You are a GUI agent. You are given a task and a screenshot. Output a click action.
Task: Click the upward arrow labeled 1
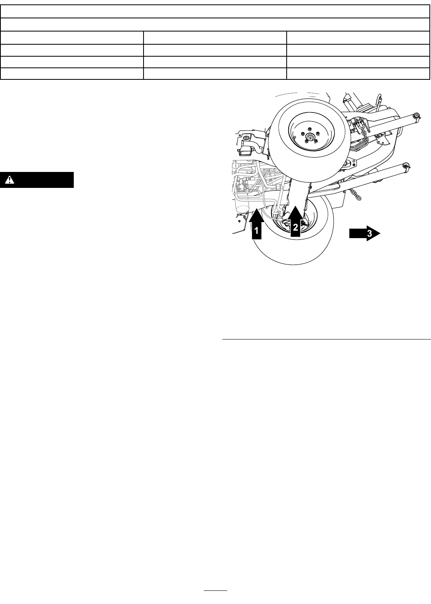pos(256,225)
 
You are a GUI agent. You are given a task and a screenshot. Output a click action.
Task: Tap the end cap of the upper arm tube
pos(416,116)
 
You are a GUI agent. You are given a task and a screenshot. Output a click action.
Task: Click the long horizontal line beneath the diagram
pos(326,340)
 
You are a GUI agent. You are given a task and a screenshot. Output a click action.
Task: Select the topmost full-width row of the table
pos(215,12)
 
